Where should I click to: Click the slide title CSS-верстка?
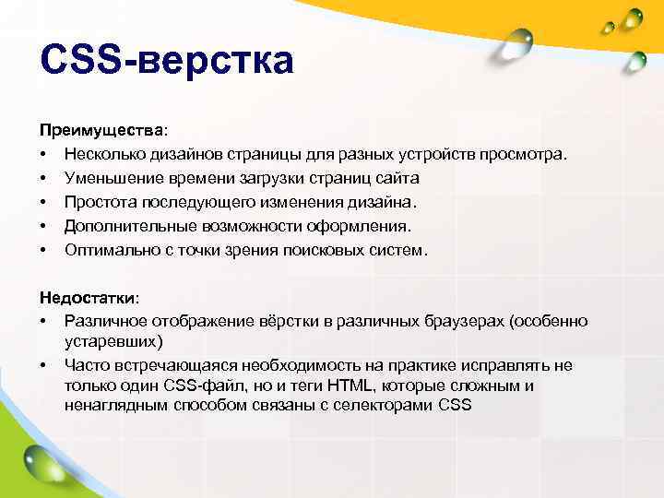click(x=167, y=62)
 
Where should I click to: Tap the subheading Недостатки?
click(x=89, y=298)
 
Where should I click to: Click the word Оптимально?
click(x=109, y=249)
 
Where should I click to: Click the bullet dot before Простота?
click(x=43, y=201)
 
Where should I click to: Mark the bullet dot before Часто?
click(x=43, y=365)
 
